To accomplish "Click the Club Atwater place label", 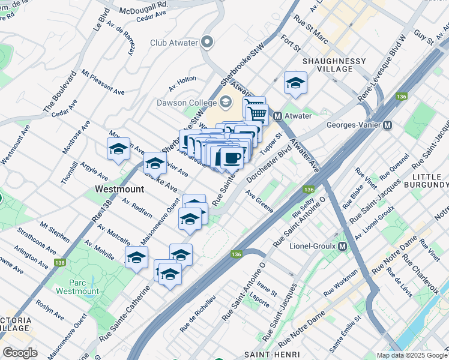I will click(x=174, y=42).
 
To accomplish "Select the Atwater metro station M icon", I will click(x=278, y=115).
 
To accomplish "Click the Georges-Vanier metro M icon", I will click(x=387, y=125).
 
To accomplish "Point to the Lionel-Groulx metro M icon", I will click(x=343, y=246).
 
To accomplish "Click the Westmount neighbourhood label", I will click(x=119, y=188).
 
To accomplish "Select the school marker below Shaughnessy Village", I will click(x=295, y=83).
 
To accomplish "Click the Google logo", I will click(x=20, y=353).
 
